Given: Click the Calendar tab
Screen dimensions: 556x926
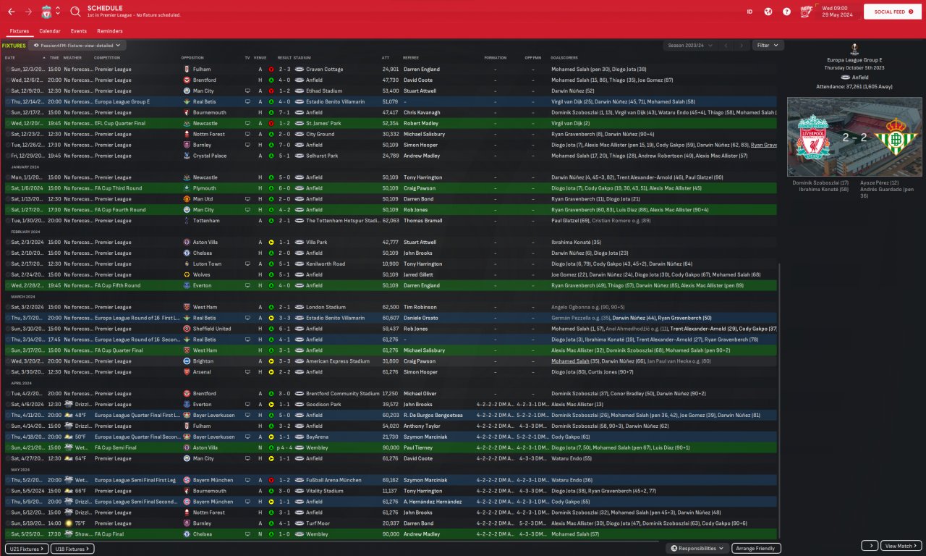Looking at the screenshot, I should coord(50,31).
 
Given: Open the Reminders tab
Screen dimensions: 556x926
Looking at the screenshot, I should coord(109,31).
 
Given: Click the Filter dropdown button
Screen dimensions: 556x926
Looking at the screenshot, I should coord(768,45).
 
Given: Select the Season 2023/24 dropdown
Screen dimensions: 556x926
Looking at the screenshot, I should coord(689,45).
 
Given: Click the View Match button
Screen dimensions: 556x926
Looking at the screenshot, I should coord(901,546).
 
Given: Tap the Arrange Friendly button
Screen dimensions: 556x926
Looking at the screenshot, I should coord(756,548).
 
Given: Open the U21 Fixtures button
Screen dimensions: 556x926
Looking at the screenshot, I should coord(27,549).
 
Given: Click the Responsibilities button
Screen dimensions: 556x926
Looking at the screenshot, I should coord(697,548).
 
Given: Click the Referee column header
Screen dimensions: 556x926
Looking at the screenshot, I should coord(411,57).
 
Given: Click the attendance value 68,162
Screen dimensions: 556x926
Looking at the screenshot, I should coord(390,480).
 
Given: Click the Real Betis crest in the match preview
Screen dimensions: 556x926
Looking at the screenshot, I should coord(896,137).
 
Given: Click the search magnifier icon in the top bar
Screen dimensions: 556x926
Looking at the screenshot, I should coord(76,12).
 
